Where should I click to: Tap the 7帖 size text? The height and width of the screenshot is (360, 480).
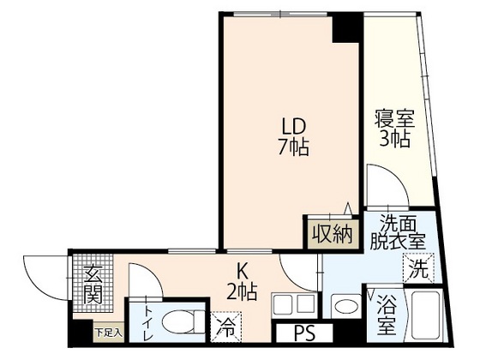(292, 147)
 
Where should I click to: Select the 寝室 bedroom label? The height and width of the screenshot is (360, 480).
(393, 117)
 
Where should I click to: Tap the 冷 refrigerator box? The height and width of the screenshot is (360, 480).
(226, 327)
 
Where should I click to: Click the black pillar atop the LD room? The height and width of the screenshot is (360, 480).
(346, 27)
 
